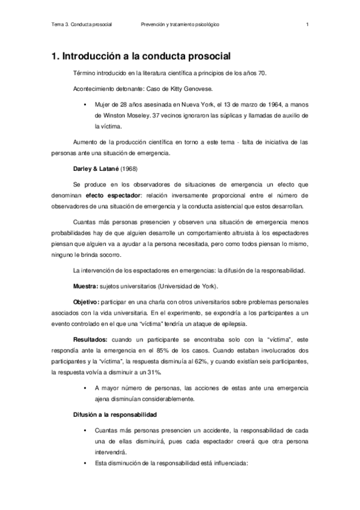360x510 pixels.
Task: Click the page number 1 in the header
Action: click(307, 25)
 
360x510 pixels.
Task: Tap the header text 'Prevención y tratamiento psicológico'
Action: click(180, 25)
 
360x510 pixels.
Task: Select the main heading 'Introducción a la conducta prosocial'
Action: click(146, 57)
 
